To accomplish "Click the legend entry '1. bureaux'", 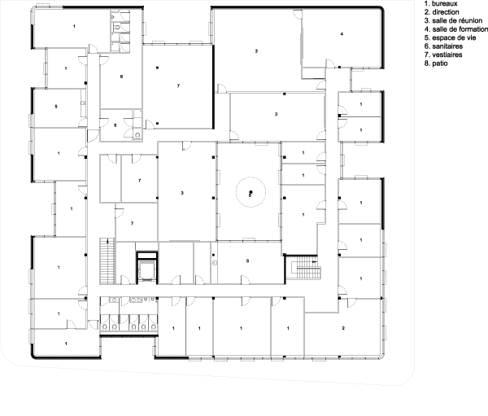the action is click(441, 4).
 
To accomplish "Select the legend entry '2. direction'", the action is click(442, 12).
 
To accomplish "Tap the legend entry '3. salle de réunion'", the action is click(453, 20).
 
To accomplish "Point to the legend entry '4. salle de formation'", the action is click(456, 29).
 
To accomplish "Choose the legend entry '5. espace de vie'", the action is click(450, 37).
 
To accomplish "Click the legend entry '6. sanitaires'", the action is click(443, 46).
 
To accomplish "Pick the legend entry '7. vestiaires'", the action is click(443, 55).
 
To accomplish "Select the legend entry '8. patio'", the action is click(436, 63).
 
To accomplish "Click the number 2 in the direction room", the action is click(343, 328).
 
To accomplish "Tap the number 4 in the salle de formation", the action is click(342, 34).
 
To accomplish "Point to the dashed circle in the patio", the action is click(251, 177).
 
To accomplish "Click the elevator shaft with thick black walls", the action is click(146, 268).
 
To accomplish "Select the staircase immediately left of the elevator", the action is click(107, 261).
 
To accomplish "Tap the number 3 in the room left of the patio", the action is click(182, 193).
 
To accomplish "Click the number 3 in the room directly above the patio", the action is click(276, 114).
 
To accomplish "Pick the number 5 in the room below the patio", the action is click(248, 261).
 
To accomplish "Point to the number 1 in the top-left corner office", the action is click(74, 26).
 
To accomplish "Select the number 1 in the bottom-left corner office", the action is click(66, 344).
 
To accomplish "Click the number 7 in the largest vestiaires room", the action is click(178, 85).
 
